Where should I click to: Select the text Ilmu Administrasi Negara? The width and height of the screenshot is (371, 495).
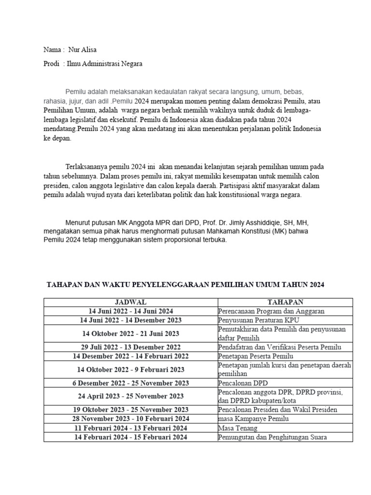[x=104, y=63]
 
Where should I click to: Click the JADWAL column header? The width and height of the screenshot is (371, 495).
[x=130, y=302]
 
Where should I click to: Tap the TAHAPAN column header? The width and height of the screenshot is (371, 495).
[x=285, y=302]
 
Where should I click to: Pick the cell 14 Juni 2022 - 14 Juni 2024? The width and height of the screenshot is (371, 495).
[x=130, y=311]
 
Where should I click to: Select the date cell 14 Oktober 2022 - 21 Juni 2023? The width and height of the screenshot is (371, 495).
[x=130, y=334]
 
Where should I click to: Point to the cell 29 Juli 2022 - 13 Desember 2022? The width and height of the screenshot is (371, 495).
[x=130, y=347]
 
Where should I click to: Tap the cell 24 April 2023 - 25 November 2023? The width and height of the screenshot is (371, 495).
[x=130, y=396]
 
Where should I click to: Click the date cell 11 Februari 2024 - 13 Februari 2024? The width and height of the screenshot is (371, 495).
[x=130, y=428]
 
